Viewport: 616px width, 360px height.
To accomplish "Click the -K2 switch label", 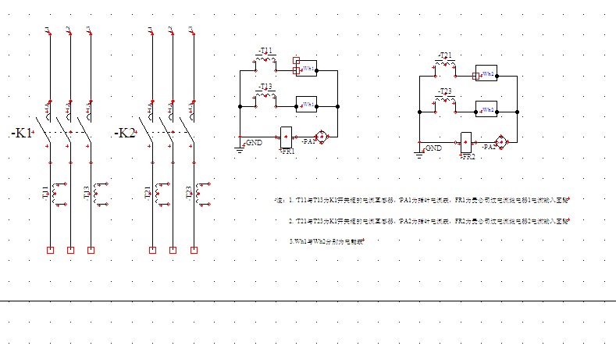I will click(x=125, y=134).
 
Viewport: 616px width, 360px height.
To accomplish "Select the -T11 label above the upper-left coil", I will click(x=265, y=52).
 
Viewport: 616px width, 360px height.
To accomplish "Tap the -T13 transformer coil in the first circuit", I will click(x=265, y=97).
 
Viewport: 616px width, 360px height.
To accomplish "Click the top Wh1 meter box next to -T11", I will click(x=307, y=69).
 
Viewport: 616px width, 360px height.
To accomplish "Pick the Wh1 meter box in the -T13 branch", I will click(x=306, y=104).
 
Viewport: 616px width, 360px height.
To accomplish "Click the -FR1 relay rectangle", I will click(x=286, y=136).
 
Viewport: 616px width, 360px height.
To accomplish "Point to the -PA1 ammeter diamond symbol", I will click(x=320, y=136).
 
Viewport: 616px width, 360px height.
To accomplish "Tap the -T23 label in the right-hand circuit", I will click(x=445, y=91).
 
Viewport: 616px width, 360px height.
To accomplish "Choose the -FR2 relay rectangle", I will click(x=467, y=141).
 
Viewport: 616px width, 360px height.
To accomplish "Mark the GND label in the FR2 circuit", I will click(x=433, y=148).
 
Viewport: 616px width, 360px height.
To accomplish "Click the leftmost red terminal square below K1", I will click(x=50, y=250).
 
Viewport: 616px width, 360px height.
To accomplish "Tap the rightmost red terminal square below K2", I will click(x=192, y=250).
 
